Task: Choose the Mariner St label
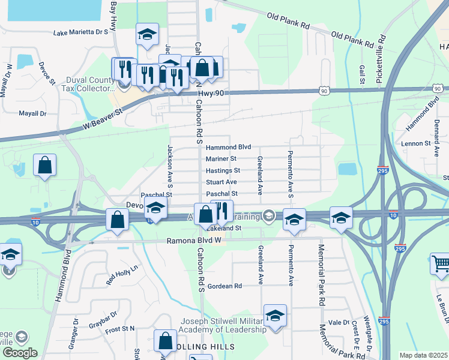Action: click(x=221, y=159)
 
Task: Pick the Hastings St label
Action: click(x=223, y=171)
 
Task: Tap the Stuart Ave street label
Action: click(x=221, y=182)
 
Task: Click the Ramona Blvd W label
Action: click(x=194, y=241)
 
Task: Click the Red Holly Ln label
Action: click(x=121, y=274)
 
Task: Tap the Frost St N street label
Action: click(x=120, y=329)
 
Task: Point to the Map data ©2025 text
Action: click(x=423, y=356)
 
